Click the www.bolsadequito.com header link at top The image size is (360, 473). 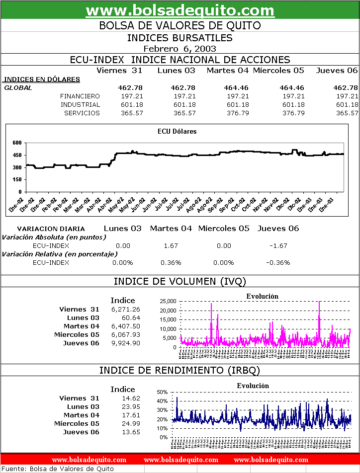click(x=180, y=10)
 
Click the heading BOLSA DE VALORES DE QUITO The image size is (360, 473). click(x=180, y=25)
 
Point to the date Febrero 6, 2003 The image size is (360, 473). click(x=180, y=48)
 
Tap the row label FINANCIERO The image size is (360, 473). click(x=80, y=96)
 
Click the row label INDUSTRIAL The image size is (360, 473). click(x=80, y=104)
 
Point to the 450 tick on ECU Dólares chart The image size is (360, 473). click(x=17, y=155)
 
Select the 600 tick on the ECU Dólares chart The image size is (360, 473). click(x=17, y=143)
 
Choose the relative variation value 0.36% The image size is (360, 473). click(x=171, y=262)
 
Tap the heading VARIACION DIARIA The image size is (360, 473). click(x=51, y=229)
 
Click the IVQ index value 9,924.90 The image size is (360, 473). click(x=126, y=343)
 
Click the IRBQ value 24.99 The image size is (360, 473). click(x=131, y=423)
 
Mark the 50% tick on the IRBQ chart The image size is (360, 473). click(x=163, y=392)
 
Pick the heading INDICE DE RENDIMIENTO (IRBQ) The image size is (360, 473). click(x=180, y=370)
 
